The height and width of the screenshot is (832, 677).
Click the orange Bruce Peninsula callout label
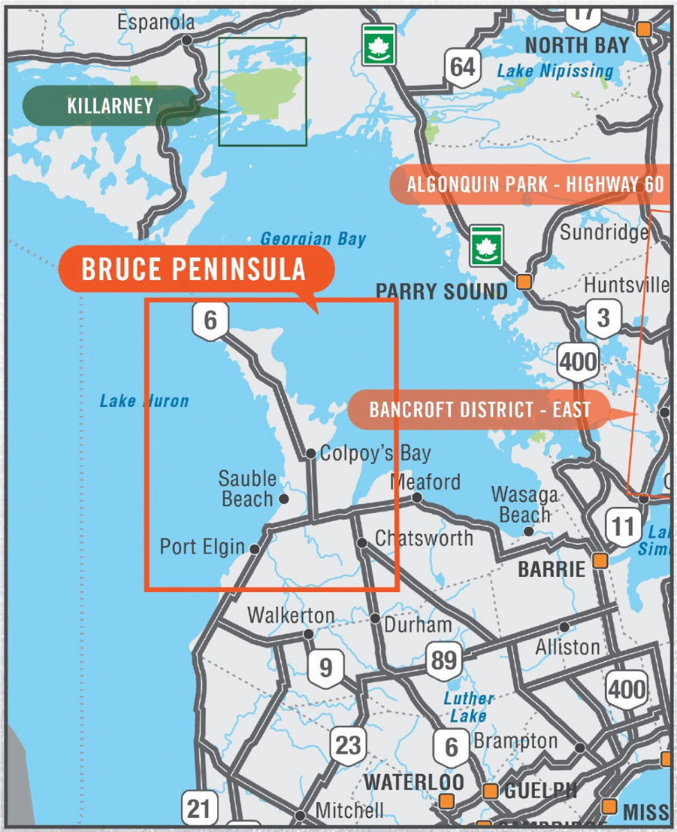194,269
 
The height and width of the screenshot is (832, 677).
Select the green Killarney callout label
110,106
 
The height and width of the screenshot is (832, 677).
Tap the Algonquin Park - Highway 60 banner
534,185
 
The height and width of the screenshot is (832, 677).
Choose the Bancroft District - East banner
479,409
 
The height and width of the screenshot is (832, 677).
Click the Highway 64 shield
463,67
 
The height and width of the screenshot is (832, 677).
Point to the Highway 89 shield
444,659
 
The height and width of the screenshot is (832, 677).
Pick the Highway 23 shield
348,745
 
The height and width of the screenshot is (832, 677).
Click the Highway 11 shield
622,527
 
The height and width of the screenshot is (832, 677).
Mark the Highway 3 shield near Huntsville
603,318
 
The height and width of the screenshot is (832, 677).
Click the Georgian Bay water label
313,240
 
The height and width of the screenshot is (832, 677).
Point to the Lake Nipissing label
555,71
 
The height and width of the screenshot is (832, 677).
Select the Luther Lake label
468,707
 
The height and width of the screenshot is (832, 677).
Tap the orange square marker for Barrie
600,560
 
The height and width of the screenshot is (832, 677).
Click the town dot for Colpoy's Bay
311,454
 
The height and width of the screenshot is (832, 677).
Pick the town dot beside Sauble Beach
283,498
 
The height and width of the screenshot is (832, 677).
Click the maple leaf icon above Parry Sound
486,245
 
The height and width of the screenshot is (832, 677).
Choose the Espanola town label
156,22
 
